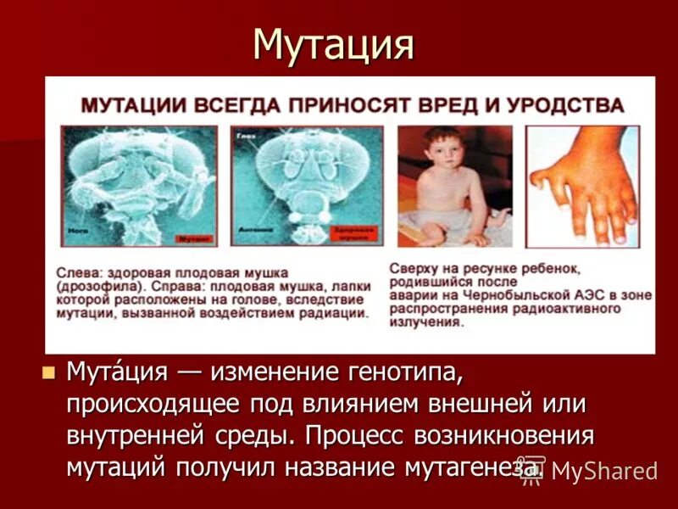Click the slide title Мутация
[334, 44]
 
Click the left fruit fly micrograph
[139, 187]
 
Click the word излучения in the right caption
[425, 322]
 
